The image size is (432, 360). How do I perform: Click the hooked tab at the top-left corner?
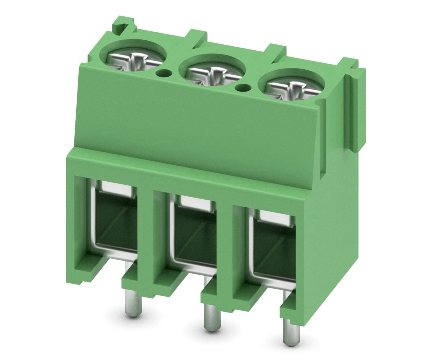[x=122, y=24]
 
